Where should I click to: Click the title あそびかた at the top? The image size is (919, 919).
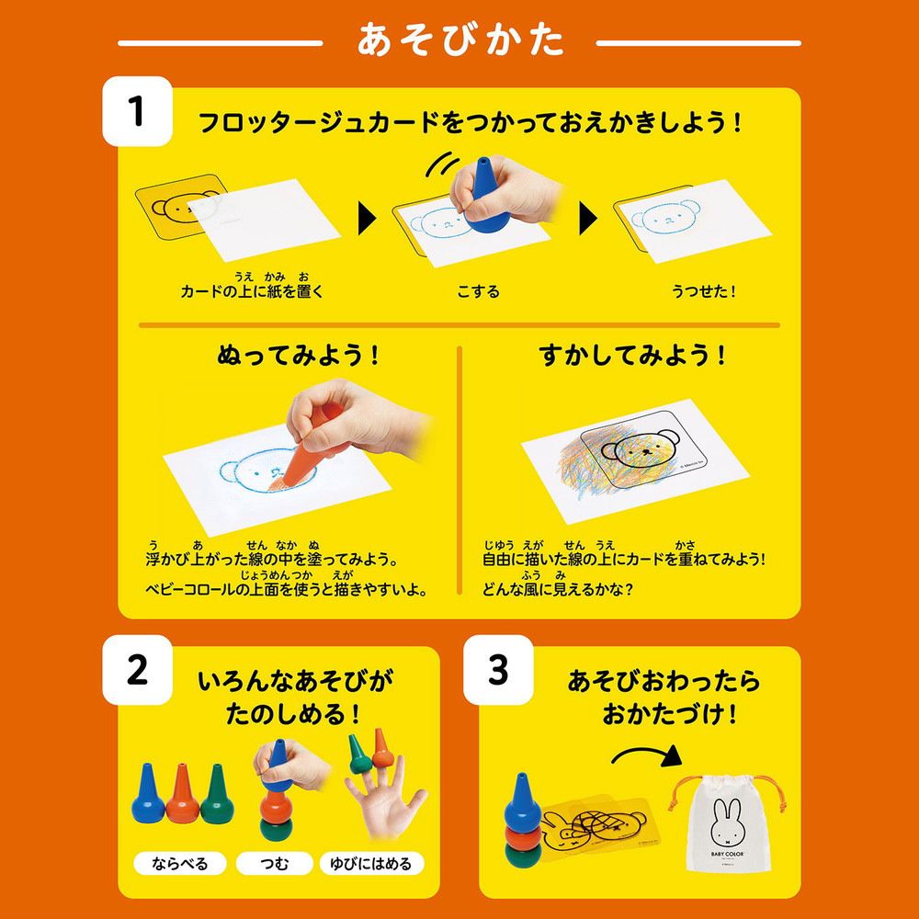point(460,40)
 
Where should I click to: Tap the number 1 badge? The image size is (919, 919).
point(138,111)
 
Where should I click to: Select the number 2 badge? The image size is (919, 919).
point(138,670)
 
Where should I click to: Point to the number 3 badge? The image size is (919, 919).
point(498,670)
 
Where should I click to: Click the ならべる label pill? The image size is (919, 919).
point(180,863)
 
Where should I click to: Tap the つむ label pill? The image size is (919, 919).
point(274,863)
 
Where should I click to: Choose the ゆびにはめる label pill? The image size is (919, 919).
point(371,863)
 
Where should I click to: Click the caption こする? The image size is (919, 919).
point(478,291)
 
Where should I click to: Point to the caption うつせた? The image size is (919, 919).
point(703,291)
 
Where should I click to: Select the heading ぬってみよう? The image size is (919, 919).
point(299,355)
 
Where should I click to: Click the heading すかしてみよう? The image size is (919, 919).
point(632,355)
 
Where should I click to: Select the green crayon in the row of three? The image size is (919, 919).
point(217,794)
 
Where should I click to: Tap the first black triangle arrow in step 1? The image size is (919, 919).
point(367,219)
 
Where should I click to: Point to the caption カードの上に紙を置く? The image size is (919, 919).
point(252,291)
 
